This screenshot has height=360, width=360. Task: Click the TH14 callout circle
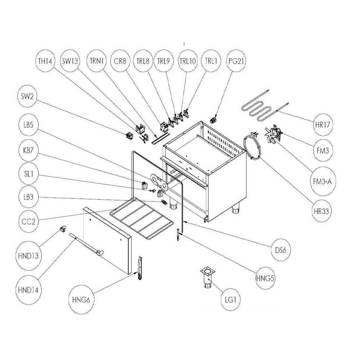pos(45,61)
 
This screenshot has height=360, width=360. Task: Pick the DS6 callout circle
pos(281,250)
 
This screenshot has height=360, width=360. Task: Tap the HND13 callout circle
pos(27,256)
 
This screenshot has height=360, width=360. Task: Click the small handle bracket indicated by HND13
pos(62,228)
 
